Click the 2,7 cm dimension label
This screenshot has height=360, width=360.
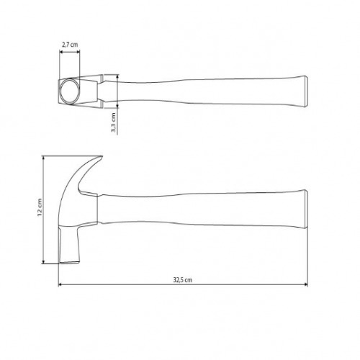pos(70,44)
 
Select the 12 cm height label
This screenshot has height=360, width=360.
pos(40,210)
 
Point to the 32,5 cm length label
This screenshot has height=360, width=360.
pos(183,279)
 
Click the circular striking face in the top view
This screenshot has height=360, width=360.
pos(71,91)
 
